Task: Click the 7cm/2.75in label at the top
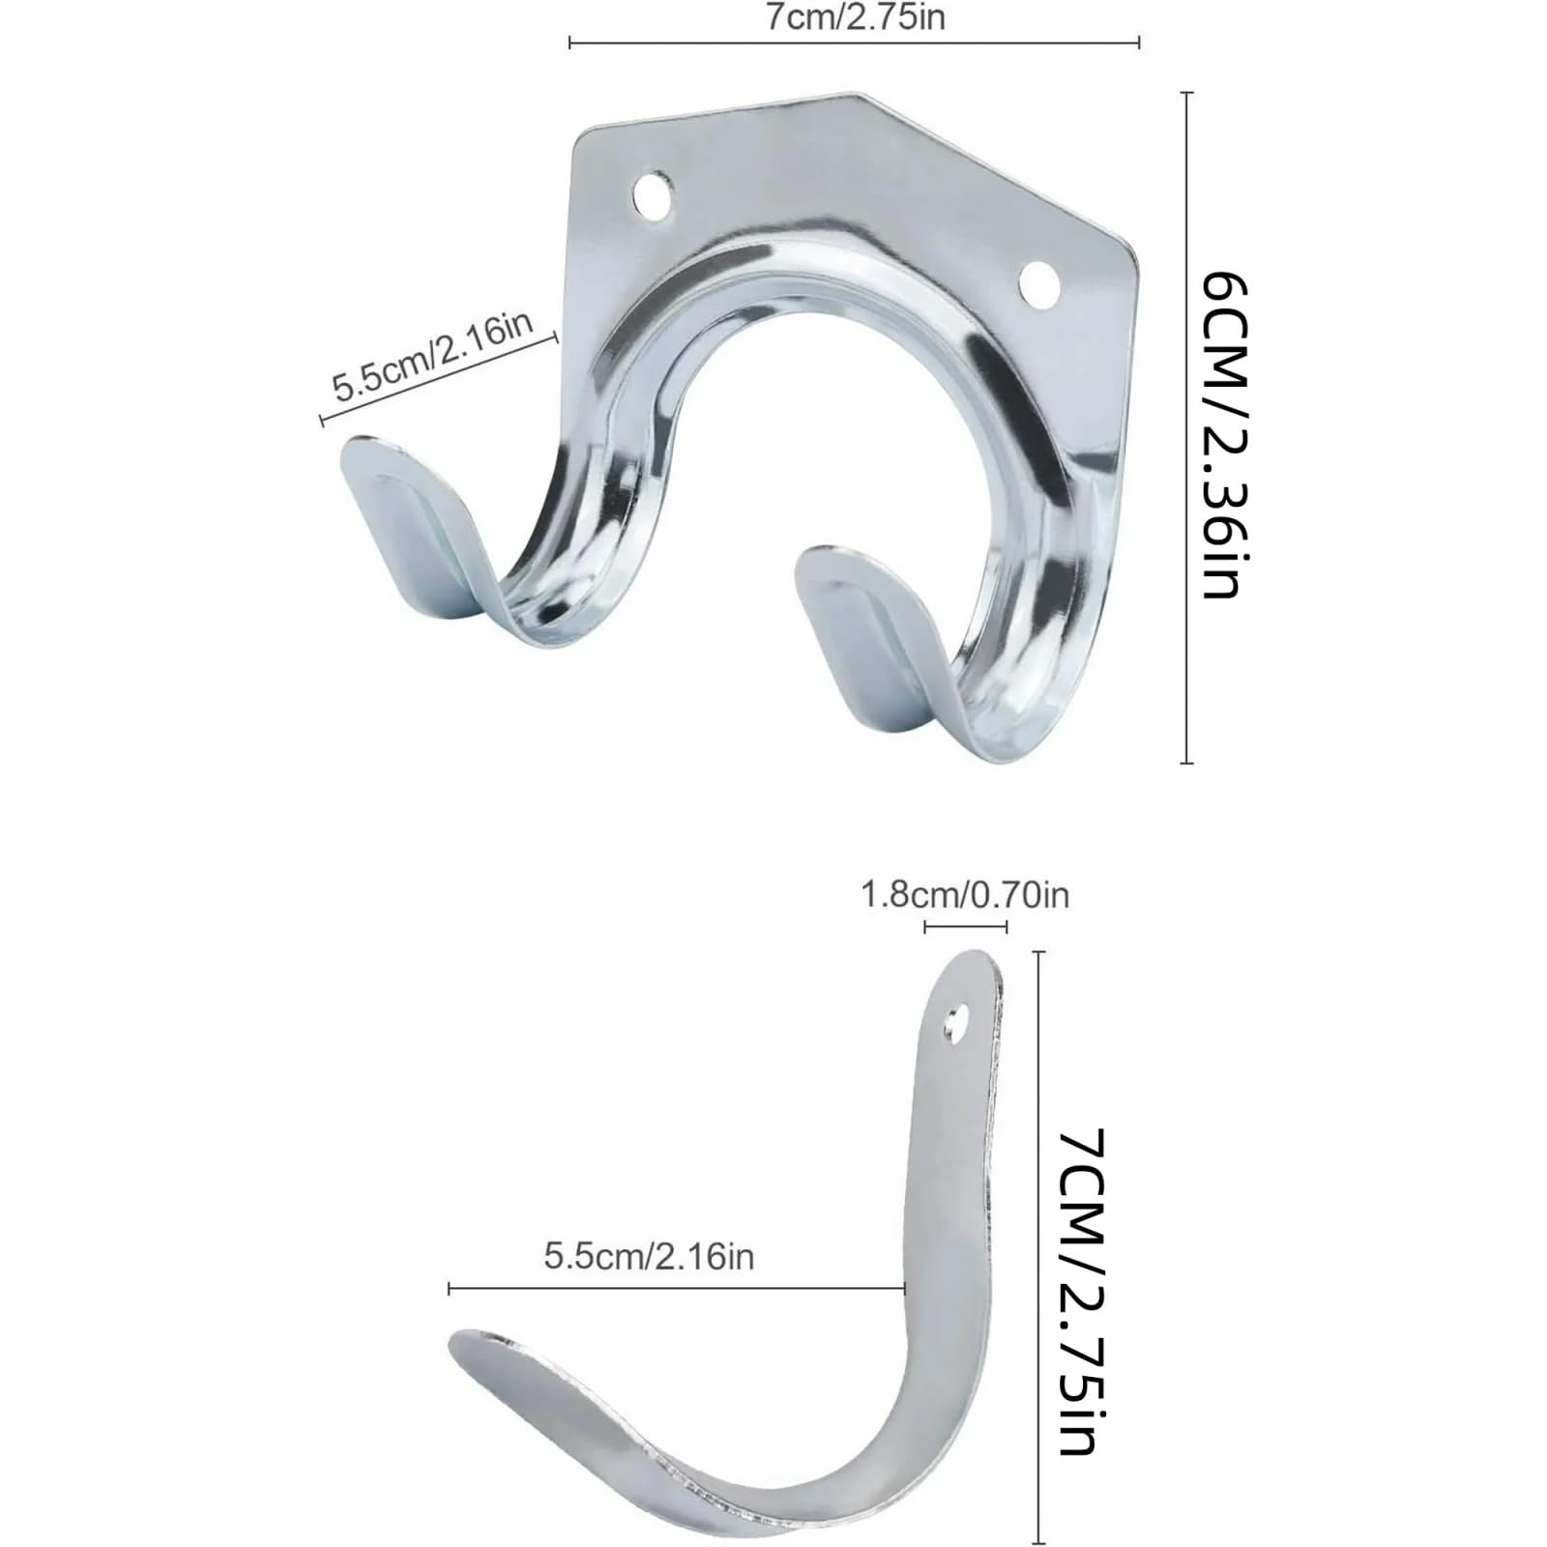[855, 17]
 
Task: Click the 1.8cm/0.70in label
[965, 895]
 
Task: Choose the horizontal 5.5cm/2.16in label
[649, 1256]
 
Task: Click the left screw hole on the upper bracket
[654, 192]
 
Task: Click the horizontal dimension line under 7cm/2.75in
[855, 42]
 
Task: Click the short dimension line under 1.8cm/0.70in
[965, 927]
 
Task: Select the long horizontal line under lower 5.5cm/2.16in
[677, 1288]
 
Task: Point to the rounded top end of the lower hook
[972, 962]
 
